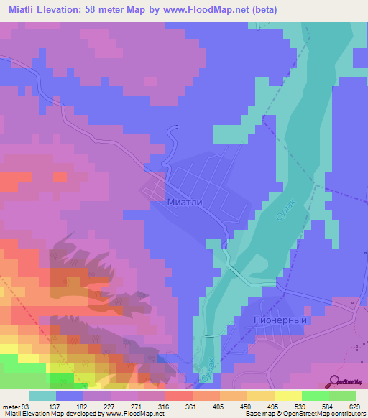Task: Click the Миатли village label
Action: pos(190,203)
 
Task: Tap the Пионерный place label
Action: pos(280,320)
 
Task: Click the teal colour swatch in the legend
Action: pos(42,396)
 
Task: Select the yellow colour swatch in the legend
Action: pos(288,396)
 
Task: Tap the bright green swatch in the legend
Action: pos(316,396)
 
